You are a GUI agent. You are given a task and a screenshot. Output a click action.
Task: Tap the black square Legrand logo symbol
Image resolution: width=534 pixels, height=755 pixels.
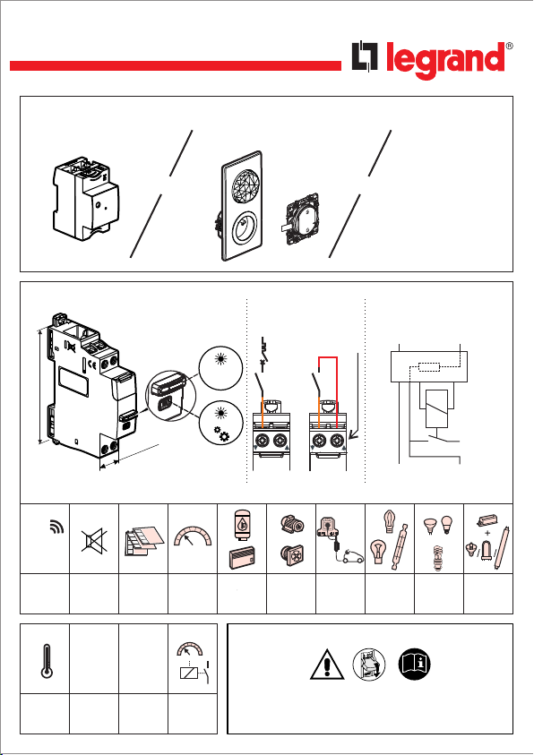[x=365, y=56]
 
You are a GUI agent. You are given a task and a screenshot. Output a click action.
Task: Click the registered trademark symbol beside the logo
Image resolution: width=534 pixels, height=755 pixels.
[x=510, y=47]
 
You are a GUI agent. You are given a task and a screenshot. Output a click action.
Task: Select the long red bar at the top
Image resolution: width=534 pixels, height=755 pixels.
[x=176, y=66]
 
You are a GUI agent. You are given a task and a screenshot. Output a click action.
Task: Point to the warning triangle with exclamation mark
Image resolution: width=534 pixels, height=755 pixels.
[x=327, y=665]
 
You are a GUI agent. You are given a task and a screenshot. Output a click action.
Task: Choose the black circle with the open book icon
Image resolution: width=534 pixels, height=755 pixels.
[x=414, y=665]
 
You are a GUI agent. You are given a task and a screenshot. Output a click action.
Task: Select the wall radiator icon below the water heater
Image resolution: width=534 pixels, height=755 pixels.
[x=242, y=559]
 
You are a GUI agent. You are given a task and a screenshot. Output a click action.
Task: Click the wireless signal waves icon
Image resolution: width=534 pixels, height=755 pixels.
[x=56, y=528]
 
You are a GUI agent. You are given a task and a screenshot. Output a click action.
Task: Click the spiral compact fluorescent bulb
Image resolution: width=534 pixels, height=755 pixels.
[x=438, y=558]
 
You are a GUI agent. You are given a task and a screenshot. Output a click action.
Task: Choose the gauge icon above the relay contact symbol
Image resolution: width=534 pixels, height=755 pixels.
[x=190, y=648]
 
